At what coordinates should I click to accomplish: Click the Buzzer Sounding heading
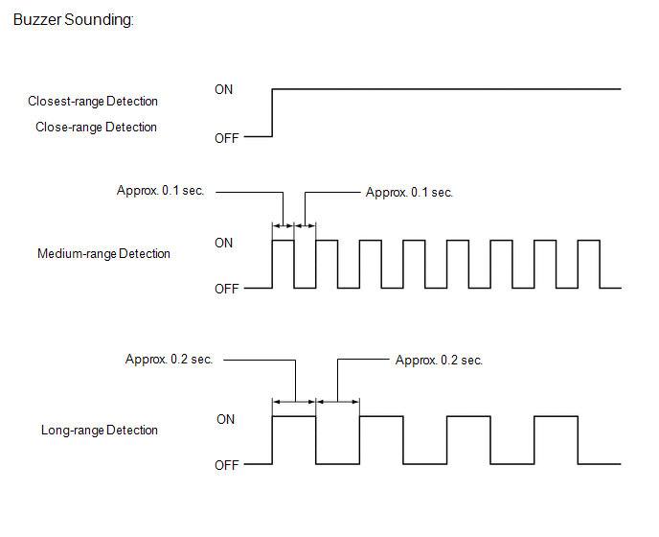point(74,20)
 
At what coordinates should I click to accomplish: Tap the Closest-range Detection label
point(93,101)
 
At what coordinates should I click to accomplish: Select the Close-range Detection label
point(96,127)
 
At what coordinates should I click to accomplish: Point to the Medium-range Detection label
point(103,254)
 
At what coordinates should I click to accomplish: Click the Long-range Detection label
point(100,431)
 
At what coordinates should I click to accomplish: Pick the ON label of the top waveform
point(223,89)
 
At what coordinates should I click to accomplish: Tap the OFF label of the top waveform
point(227,138)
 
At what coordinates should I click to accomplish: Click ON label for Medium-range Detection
point(223,243)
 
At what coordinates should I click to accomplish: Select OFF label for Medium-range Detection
point(227,289)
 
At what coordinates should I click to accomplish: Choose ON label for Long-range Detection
point(225,419)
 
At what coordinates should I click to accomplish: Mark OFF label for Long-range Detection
point(227,465)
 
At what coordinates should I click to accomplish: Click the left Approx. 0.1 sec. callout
point(160,192)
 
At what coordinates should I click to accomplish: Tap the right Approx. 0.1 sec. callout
point(409,192)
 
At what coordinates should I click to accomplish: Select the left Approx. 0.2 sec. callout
point(169,360)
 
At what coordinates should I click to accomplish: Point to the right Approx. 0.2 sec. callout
point(439,360)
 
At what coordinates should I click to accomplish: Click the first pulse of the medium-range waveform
point(284,264)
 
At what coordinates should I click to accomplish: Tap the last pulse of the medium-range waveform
point(588,264)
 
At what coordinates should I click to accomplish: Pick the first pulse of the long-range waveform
point(295,440)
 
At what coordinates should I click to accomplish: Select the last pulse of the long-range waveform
point(557,440)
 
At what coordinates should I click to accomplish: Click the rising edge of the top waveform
point(273,113)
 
